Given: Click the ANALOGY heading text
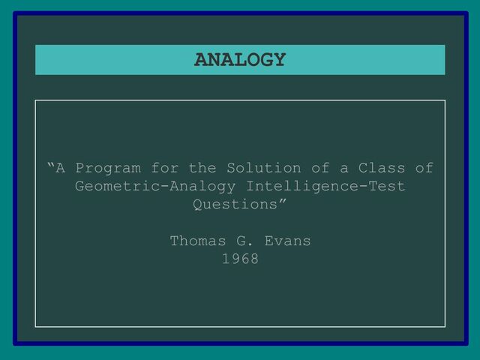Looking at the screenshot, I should pos(240,60).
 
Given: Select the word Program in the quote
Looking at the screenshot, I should pos(108,168).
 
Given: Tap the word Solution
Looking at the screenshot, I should pos(264,168).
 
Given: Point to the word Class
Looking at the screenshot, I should pos(382,168).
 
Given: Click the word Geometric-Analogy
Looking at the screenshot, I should pos(155,186).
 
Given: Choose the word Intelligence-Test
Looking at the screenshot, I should pos(325,186).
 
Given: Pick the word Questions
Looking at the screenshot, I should pos(235,204).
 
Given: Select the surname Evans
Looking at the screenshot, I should pos(288,241).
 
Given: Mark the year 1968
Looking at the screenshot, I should pos(240,259).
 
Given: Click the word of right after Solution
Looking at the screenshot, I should pos(321,168).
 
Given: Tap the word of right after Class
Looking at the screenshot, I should pos(424,168).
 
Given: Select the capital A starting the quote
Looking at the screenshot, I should pos(61,168).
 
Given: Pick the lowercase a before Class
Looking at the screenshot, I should pos(344,169).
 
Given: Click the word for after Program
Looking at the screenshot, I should pos(165,168).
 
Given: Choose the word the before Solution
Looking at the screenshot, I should pos(202,168).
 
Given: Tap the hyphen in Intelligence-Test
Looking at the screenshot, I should pos(363,187).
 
